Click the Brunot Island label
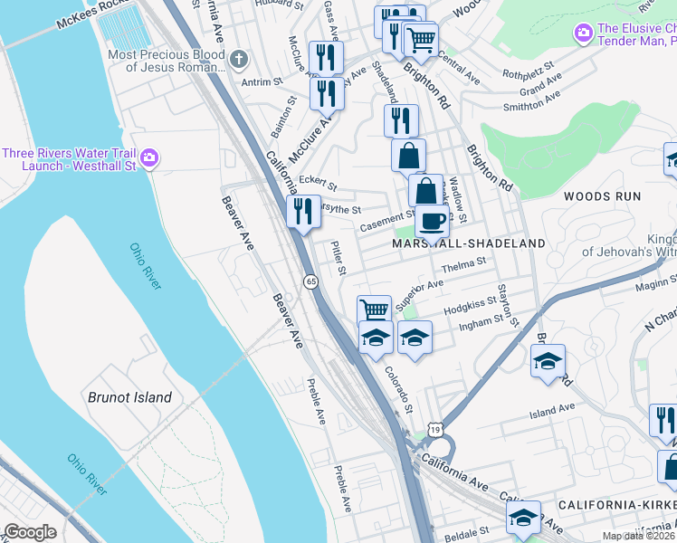pyautogui.click(x=129, y=397)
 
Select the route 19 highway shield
pyautogui.click(x=436, y=430)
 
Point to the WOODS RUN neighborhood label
pyautogui.click(x=602, y=196)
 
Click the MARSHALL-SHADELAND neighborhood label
pyautogui.click(x=469, y=243)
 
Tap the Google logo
pyautogui.click(x=30, y=532)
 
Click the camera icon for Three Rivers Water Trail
pyautogui.click(x=149, y=158)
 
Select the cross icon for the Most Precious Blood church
pyautogui.click(x=239, y=61)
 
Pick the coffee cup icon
pyautogui.click(x=432, y=220)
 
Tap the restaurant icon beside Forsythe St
pyautogui.click(x=303, y=211)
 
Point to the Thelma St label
pyautogui.click(x=463, y=264)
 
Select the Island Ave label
pyautogui.click(x=552, y=409)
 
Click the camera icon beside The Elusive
pyautogui.click(x=584, y=34)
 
